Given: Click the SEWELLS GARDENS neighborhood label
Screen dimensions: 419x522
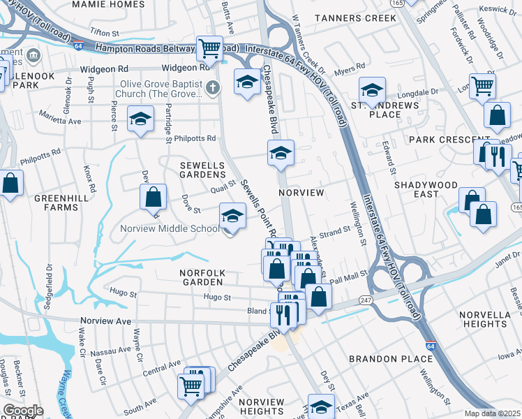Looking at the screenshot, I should [202, 169].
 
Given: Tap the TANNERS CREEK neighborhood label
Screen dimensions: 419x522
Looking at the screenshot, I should [355, 17].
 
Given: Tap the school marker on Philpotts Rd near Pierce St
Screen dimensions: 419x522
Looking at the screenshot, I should [140, 119].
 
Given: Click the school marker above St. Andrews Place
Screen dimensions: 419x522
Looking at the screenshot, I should [373, 90].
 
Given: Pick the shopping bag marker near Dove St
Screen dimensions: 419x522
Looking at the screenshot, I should [153, 197].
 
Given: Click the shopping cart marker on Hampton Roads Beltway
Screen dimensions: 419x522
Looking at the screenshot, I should [209, 48].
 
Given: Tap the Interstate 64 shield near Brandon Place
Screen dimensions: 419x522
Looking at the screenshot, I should [431, 345].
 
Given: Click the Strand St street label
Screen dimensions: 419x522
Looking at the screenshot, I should [334, 231].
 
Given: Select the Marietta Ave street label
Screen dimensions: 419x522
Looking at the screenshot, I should [60, 121].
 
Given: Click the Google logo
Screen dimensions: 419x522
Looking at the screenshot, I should [22, 411].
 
